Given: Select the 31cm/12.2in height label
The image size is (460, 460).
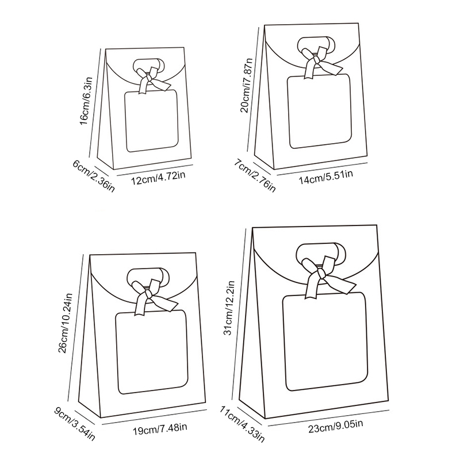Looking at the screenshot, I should pyautogui.click(x=229, y=308).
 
